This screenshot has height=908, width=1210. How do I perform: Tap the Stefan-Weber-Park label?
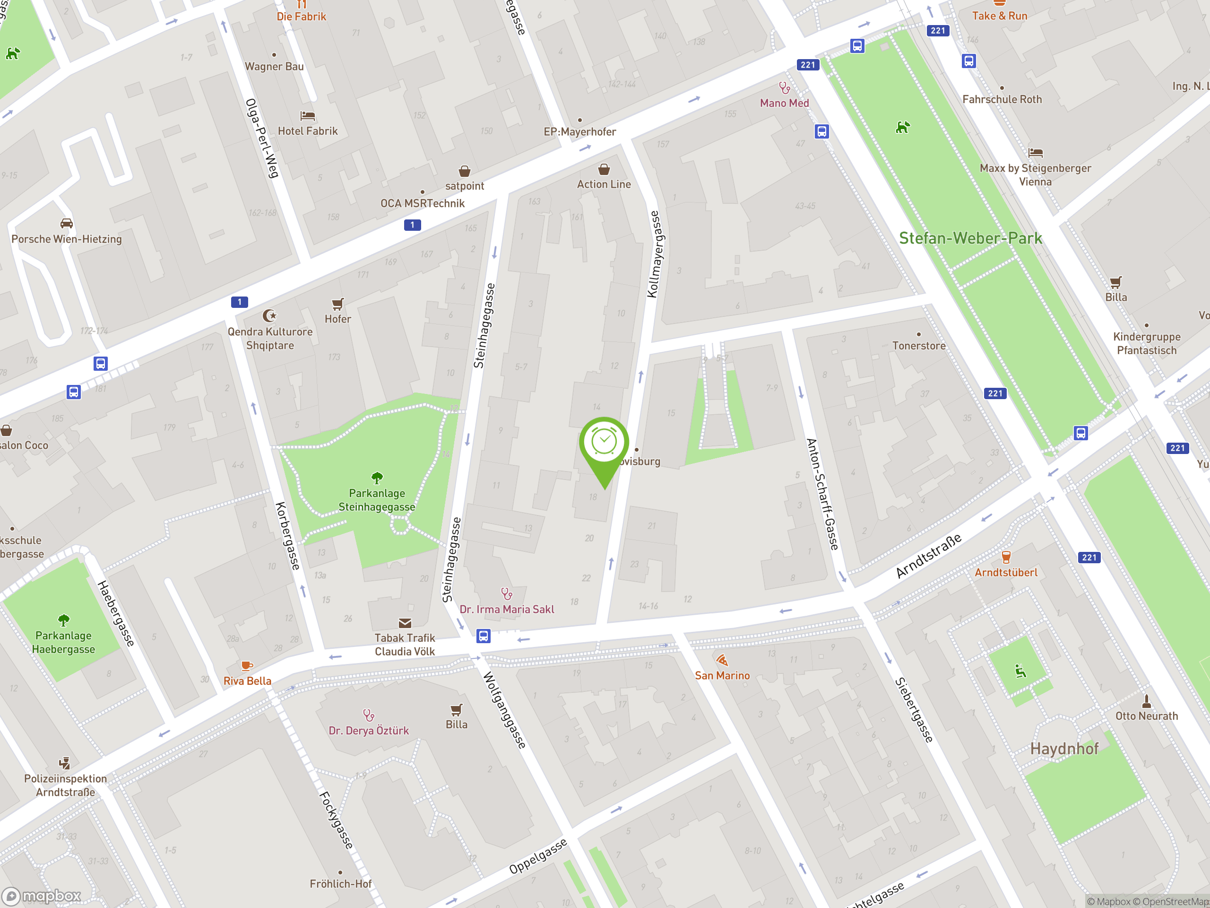(x=970, y=238)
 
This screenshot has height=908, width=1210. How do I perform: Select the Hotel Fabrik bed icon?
(x=307, y=116)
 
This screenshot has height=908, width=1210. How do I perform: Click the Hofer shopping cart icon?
(x=337, y=304)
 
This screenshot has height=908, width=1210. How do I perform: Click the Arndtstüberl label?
(x=1005, y=573)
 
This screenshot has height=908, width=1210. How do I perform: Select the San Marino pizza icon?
(x=722, y=660)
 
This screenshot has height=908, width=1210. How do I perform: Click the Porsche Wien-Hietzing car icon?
(x=67, y=223)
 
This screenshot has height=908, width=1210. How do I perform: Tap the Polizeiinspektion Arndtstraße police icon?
(x=65, y=763)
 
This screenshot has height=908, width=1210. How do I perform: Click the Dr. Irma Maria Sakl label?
(x=507, y=609)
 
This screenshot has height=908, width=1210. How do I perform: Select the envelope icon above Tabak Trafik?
(x=405, y=623)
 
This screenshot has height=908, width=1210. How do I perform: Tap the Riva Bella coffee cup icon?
(x=247, y=666)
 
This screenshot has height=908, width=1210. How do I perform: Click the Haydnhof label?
(x=1064, y=749)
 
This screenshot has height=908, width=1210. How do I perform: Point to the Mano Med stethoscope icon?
(x=785, y=87)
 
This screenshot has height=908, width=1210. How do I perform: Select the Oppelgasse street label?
(x=538, y=856)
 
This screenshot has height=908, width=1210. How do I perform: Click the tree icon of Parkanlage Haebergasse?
(x=63, y=620)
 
